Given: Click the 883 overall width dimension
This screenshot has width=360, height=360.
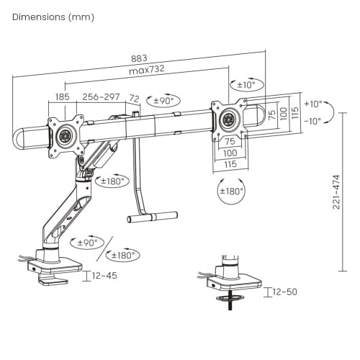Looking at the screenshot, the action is click(x=139, y=58).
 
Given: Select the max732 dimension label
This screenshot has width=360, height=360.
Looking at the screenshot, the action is click(x=147, y=70).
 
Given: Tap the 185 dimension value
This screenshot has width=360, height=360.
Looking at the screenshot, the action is click(x=63, y=97).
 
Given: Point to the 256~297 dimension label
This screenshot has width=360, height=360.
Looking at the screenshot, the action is click(x=101, y=96).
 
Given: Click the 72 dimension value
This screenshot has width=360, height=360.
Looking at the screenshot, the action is click(x=135, y=99).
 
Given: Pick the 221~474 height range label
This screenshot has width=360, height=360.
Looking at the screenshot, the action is click(x=336, y=192).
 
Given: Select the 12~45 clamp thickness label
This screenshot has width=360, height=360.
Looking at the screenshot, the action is click(x=104, y=276).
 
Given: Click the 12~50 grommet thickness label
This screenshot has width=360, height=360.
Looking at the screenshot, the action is click(x=285, y=292).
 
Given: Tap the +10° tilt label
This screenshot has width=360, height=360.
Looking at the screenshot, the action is click(x=313, y=104).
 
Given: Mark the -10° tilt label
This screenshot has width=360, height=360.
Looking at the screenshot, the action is click(x=312, y=121).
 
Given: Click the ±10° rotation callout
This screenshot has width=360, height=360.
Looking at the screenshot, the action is click(x=247, y=85).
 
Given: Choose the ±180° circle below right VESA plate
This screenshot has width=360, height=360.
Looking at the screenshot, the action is click(x=231, y=192).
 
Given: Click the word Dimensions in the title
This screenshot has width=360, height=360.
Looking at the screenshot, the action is click(x=39, y=17).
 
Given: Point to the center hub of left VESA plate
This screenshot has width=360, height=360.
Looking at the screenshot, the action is click(x=65, y=136).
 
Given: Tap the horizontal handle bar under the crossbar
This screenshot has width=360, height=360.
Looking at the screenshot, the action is click(x=153, y=217).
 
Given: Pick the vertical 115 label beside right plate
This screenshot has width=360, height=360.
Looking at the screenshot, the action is click(x=295, y=112).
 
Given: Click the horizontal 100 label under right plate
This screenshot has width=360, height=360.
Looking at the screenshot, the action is click(x=230, y=153).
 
